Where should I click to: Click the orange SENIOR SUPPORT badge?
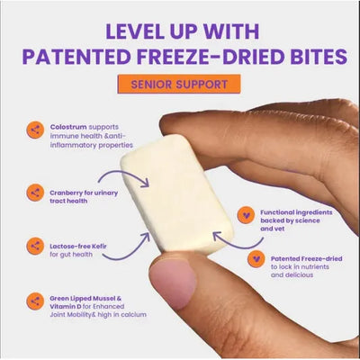point(179,85)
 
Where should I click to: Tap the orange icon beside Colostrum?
point(35,130)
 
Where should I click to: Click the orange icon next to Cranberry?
point(35,192)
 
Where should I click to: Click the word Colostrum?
point(68,128)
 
